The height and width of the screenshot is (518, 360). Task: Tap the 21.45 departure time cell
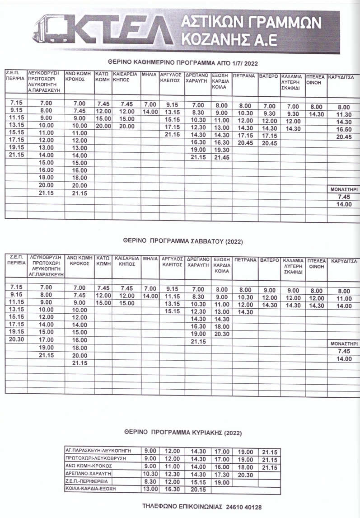221,157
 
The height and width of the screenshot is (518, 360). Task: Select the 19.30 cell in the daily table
221,150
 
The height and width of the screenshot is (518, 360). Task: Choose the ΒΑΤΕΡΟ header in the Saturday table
269,260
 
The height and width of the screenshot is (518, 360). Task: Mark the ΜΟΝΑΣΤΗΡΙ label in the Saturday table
344,344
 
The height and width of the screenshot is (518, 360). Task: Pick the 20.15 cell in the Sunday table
198,489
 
